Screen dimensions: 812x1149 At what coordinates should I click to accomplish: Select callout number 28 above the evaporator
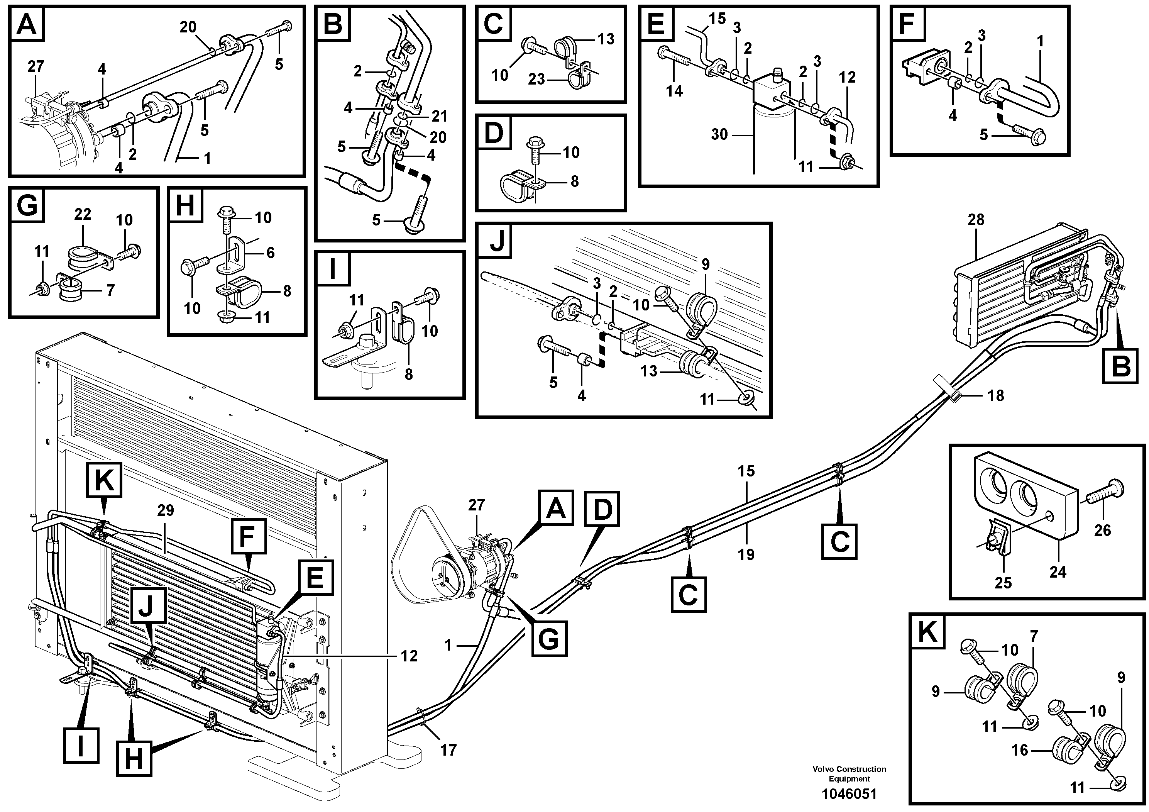pyautogui.click(x=975, y=220)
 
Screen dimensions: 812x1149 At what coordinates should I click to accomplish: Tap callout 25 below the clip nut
pyautogui.click(x=1003, y=583)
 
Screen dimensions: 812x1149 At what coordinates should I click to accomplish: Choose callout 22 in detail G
pyautogui.click(x=83, y=214)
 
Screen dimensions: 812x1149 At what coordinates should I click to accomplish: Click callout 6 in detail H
pyautogui.click(x=270, y=253)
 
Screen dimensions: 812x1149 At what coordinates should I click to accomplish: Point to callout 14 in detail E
pyautogui.click(x=674, y=91)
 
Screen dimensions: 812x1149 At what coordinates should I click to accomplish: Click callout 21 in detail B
pyautogui.click(x=439, y=116)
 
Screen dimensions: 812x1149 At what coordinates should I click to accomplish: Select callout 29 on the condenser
pyautogui.click(x=165, y=510)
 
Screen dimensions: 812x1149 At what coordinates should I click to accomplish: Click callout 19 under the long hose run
pyautogui.click(x=746, y=555)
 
